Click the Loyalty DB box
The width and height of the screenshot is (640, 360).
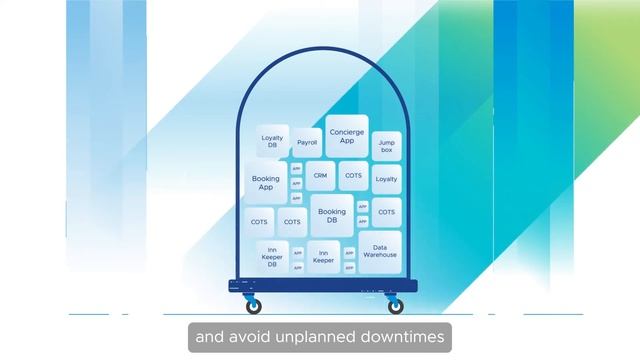[272, 143]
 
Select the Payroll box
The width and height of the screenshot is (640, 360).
[306, 143]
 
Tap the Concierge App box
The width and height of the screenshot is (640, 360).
[347, 137]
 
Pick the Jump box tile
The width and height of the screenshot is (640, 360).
[386, 146]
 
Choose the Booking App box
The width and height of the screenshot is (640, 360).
[266, 183]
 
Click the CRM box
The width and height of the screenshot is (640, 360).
[320, 175]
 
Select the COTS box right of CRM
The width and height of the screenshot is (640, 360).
[353, 175]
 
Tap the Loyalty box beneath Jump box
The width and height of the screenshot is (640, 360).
[386, 179]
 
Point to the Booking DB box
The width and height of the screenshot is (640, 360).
[331, 216]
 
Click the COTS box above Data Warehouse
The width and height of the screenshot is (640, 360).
[386, 212]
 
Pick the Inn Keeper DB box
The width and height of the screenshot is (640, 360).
[272, 256]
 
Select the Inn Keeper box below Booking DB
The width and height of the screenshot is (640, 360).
[323, 256]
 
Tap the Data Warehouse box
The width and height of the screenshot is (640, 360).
[379, 251]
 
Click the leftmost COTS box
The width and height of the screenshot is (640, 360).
[259, 221]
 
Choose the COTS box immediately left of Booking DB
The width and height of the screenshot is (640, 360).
[292, 221]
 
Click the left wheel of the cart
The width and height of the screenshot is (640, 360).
[253, 306]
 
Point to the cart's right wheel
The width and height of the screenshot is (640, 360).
[396, 306]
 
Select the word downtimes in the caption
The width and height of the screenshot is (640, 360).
[406, 337]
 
